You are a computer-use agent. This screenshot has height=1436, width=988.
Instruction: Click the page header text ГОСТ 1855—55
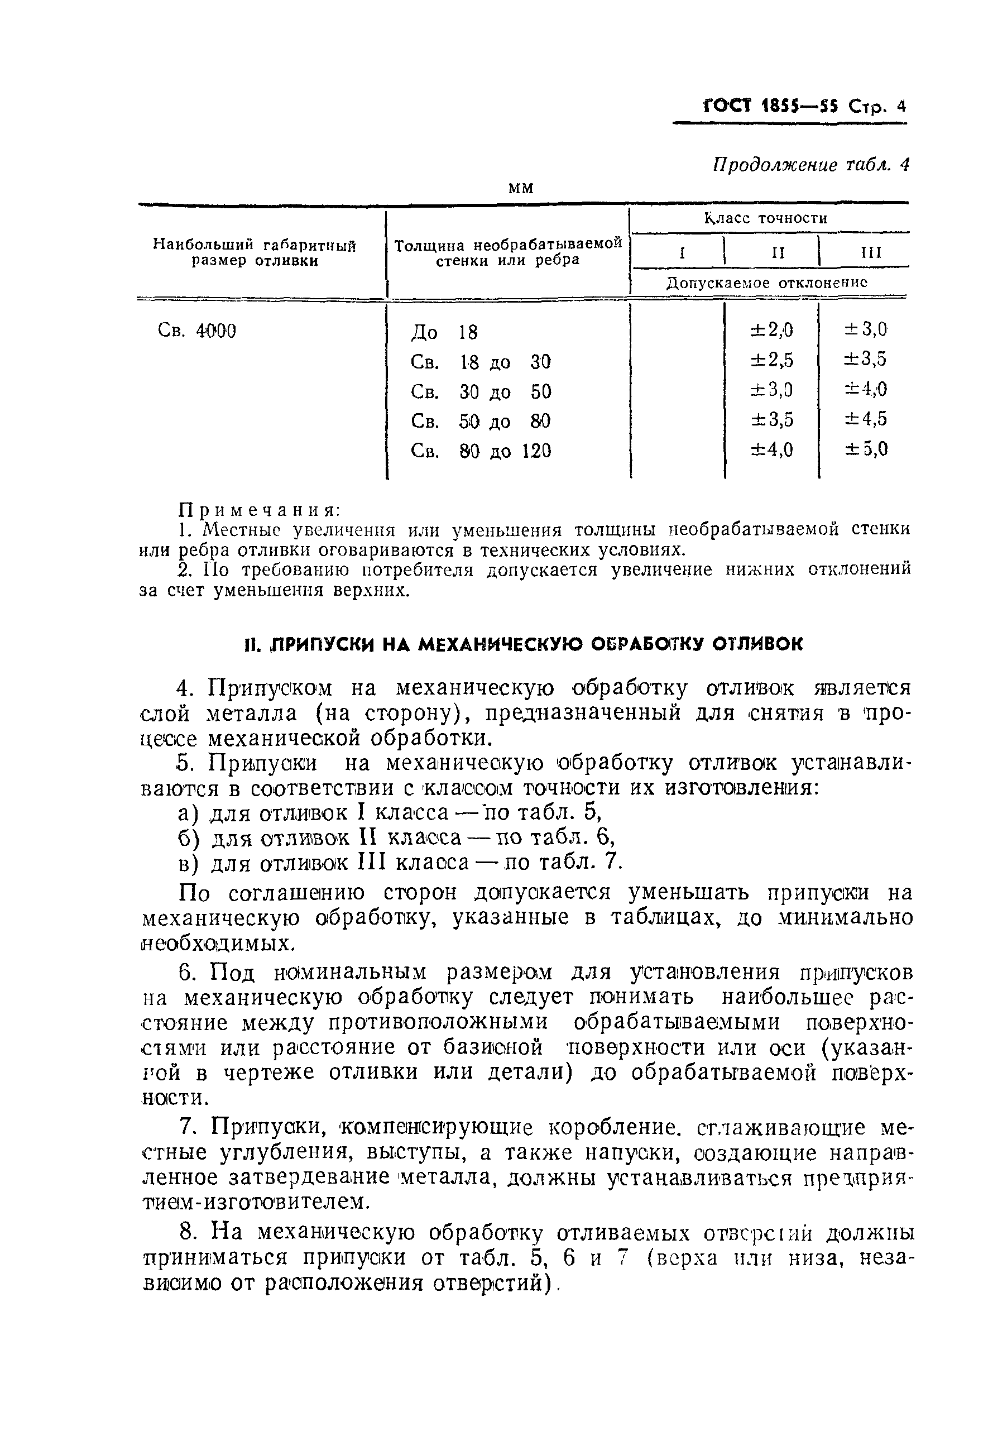coord(770,107)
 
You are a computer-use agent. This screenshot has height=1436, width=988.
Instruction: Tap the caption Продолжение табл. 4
coord(811,165)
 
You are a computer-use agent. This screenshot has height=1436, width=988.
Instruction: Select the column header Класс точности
coord(766,218)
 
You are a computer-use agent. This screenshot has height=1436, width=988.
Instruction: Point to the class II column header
coord(778,253)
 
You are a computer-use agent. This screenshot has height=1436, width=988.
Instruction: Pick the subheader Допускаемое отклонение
coord(767,283)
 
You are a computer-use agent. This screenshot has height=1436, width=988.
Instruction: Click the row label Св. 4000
coord(197,331)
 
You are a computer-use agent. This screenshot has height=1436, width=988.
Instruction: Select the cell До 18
coord(444,333)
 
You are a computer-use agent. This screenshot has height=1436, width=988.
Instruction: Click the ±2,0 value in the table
coord(771,329)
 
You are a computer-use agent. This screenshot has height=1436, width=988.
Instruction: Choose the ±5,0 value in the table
coord(867,448)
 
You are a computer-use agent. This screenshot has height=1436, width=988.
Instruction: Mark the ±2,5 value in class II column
coord(771,359)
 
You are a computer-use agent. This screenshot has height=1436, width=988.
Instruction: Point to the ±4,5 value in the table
coord(867,419)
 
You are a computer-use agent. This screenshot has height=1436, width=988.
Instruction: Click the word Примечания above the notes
coord(259,510)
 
